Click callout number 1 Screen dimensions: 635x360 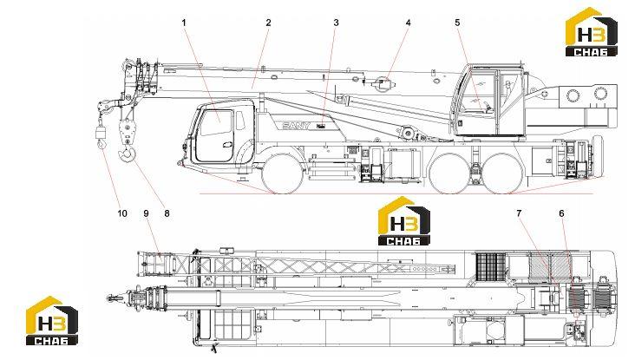pos(184,23)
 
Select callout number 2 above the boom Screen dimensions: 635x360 pos(269,23)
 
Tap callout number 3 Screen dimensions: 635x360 pos(336,23)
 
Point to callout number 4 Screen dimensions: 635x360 pos(409,23)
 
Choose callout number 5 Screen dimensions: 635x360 pos(458,23)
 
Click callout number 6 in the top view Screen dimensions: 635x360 pos(562,213)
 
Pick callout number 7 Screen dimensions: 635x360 pos(519,213)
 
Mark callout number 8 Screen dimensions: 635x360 pos(167,213)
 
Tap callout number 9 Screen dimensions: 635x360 pos(147,213)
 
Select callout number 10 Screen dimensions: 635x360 pos(122,213)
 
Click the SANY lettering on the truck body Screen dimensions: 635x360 pos(296,126)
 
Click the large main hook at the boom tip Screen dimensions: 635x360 pos(127,155)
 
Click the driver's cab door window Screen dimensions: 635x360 pos(216,122)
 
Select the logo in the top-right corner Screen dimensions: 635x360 pos(592,31)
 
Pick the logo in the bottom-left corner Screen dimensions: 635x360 pos(52,321)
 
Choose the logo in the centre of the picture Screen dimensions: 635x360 pos(403,221)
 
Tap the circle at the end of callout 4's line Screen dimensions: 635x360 pos(383,85)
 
